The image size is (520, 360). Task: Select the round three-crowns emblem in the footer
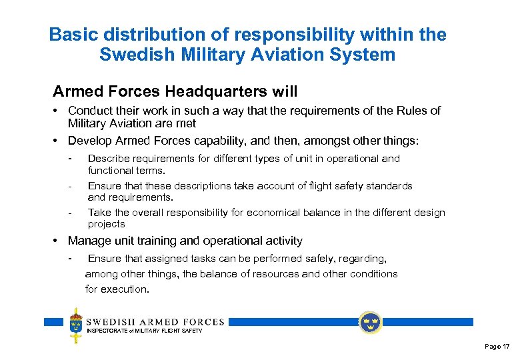tap(370, 323)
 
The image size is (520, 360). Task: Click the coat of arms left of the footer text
tap(77, 325)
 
